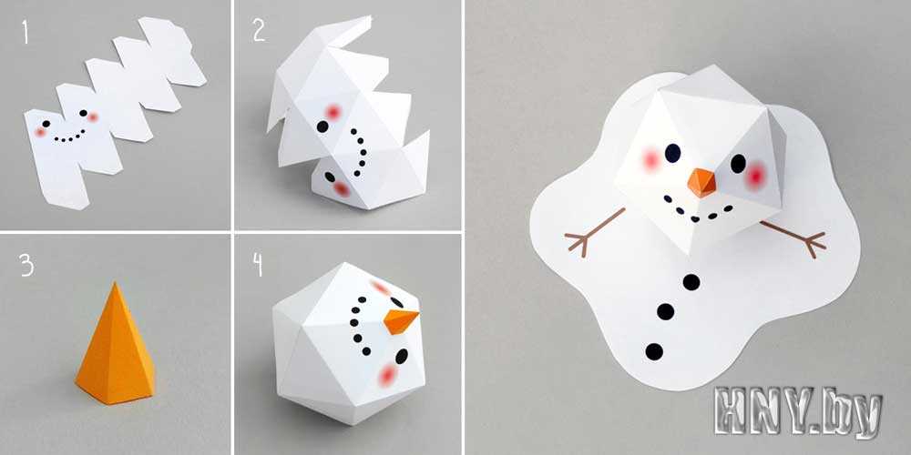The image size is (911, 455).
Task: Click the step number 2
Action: tap(259, 31)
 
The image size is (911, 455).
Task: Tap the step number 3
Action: tap(26, 265)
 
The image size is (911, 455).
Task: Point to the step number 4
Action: tap(258, 265)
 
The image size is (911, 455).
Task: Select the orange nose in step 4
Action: tap(401, 321)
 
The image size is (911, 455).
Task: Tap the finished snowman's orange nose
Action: tap(701, 183)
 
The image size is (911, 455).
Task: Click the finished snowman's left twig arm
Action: tap(594, 233)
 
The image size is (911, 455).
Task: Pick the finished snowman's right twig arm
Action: tap(793, 238)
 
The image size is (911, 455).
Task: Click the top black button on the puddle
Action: tap(691, 282)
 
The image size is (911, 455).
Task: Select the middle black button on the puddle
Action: tap(665, 311)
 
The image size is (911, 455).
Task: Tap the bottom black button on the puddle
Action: tap(654, 351)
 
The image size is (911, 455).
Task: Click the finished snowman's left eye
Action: tap(672, 153)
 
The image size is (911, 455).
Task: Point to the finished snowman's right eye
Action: tap(738, 164)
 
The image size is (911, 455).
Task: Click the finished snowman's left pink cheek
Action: tap(651, 159)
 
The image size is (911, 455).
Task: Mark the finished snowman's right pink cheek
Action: tap(756, 176)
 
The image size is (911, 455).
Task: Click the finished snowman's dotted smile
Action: tap(697, 211)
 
